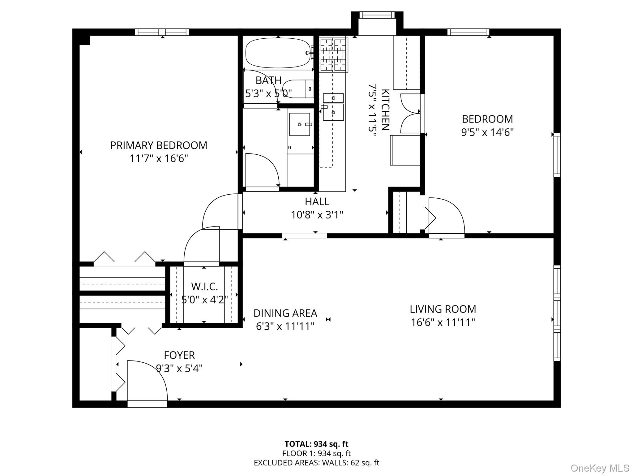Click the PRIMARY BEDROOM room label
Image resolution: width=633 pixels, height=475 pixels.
click(x=159, y=145)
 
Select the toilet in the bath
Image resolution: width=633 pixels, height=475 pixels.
click(x=298, y=89)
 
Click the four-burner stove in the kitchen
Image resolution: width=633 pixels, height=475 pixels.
click(x=334, y=55)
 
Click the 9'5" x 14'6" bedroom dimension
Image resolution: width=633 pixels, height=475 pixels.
click(x=487, y=132)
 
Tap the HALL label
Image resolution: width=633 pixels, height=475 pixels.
click(x=317, y=201)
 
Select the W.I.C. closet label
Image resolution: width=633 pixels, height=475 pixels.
click(x=204, y=287)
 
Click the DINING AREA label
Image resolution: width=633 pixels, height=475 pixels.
click(x=285, y=313)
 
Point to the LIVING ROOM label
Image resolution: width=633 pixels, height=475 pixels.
click(x=443, y=309)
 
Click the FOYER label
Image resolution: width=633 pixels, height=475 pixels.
click(x=179, y=355)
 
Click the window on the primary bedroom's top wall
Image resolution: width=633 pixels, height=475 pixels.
click(x=162, y=32)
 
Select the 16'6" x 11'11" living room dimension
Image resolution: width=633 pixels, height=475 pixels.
click(x=443, y=322)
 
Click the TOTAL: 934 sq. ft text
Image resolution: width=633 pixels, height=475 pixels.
click(x=316, y=444)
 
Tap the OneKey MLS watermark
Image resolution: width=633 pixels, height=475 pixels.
click(x=600, y=468)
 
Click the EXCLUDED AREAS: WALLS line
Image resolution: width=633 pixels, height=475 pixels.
click(x=316, y=463)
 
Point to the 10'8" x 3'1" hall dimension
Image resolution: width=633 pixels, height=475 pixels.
click(x=317, y=215)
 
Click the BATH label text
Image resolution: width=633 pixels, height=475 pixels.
click(x=268, y=80)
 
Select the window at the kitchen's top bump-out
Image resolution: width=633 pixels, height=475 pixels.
click(x=377, y=15)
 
